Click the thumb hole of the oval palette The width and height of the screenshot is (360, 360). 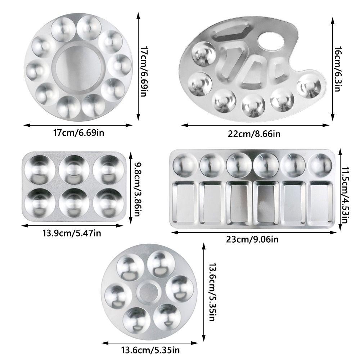271,41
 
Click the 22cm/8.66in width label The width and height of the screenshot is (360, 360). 254,134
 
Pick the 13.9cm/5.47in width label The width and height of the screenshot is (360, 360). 72,233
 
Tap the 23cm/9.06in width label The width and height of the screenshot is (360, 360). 252,239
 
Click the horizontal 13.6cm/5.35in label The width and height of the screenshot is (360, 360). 150,350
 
